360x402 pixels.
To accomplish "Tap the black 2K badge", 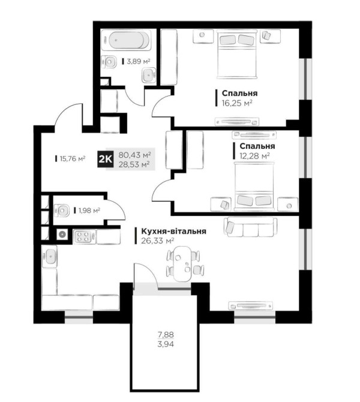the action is coord(105,159).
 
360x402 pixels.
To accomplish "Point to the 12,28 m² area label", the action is coord(254,156).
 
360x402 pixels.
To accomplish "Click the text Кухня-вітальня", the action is coord(173,231).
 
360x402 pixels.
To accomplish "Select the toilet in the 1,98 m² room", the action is coord(62,211).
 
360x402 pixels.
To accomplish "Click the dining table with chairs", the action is coord(183,263).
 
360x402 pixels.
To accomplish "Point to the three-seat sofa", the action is coord(250,227).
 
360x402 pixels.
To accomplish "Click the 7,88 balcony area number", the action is coord(166,335).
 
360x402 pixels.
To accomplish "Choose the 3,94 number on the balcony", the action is coord(166,344).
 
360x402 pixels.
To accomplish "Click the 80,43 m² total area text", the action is coord(134,155).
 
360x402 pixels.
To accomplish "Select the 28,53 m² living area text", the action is coord(134,164).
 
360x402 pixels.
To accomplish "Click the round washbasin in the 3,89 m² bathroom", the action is coord(148,74).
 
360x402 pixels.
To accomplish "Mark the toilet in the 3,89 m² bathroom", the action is coord(109,62).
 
